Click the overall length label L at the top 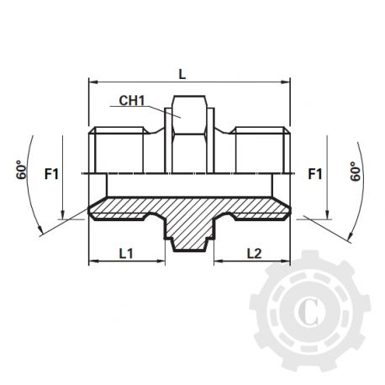pos(182,74)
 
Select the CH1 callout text pos(131,101)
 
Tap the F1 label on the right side pos(315,175)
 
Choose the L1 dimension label pos(125,252)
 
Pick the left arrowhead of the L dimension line pos(92,82)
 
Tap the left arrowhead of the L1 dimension pos(92,261)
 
